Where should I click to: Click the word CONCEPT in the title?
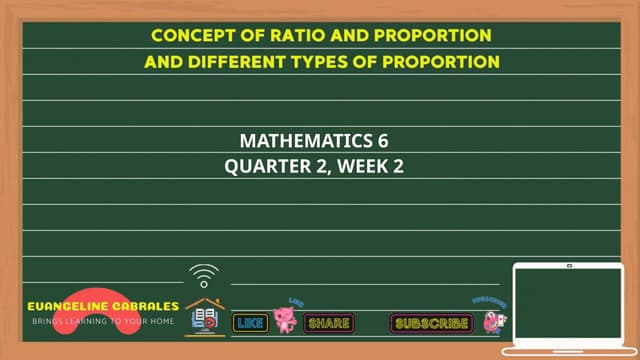(189, 35)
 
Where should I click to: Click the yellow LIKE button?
(251, 323)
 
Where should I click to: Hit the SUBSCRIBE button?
(431, 324)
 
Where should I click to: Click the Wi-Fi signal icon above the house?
(204, 275)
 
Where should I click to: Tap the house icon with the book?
(205, 316)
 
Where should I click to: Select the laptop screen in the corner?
(567, 302)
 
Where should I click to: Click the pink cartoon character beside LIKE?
(287, 319)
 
